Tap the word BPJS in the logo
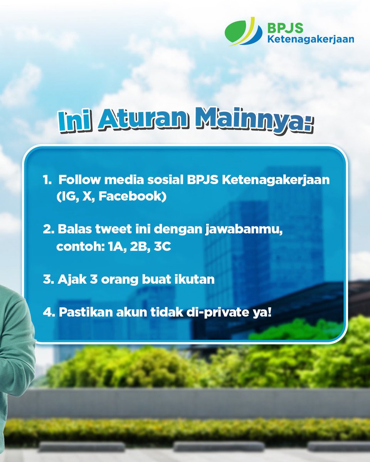[x=285, y=28]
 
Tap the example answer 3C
[x=162, y=247]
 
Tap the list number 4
[x=48, y=312]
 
